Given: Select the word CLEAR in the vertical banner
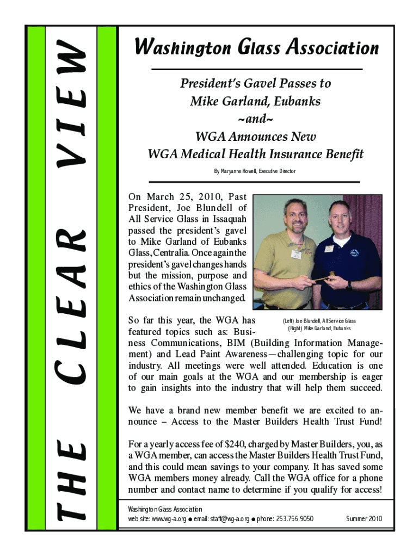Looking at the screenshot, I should [71, 302].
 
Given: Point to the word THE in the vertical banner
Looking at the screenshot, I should [71, 479].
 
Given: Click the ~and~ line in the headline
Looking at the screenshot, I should [255, 119].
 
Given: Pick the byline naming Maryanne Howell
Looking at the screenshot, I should [255, 171].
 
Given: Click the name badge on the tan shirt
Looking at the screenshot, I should [296, 254].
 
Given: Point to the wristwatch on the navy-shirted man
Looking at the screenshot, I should [349, 284].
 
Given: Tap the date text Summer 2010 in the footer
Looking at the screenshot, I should [364, 519].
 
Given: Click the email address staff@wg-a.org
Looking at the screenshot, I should [220, 519].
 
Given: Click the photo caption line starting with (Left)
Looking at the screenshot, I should [319, 321].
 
